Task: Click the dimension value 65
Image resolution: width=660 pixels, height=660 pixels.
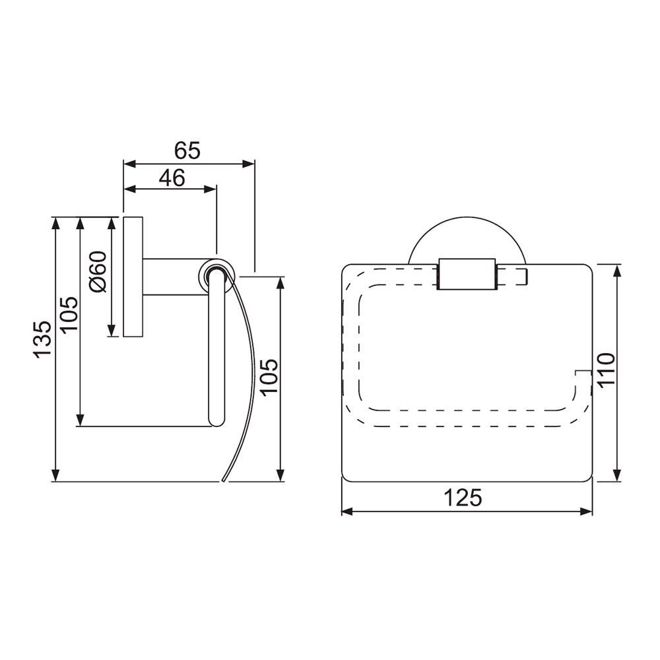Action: [x=187, y=150]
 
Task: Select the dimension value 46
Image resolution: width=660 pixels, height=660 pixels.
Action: [x=171, y=178]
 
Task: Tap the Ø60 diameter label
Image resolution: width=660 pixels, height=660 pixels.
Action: [x=97, y=272]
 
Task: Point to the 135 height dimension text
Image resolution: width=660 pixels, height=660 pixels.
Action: [x=42, y=339]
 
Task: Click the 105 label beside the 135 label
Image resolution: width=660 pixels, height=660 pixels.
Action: [x=69, y=313]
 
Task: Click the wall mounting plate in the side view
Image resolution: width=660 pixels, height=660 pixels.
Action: [x=131, y=277]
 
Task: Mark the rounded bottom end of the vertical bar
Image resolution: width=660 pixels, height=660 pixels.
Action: [x=216, y=420]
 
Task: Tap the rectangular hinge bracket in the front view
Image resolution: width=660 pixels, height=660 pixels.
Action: [x=465, y=274]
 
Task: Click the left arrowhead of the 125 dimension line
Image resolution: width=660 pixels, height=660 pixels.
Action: [x=346, y=511]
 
